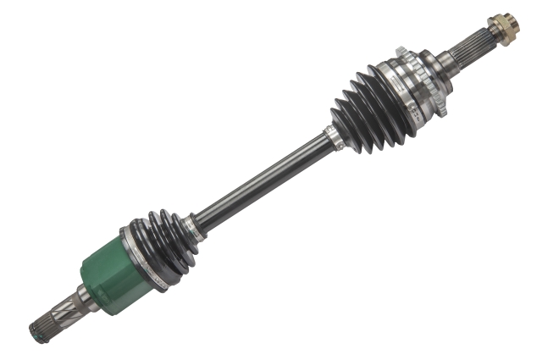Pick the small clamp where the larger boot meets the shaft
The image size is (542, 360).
point(333,138)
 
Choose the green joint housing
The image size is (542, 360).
point(110,275)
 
